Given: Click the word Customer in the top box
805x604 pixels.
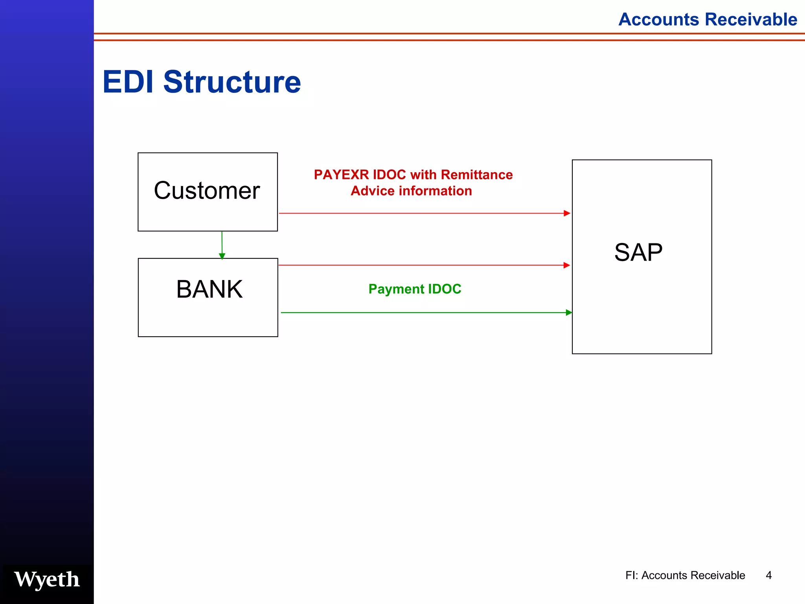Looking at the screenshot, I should click(207, 191).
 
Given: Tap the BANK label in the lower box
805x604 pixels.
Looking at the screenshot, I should click(209, 289).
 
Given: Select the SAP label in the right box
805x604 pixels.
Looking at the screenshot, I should click(638, 252).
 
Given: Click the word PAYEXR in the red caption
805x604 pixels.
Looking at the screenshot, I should click(341, 175).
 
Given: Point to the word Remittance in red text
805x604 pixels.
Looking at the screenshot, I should click(477, 175).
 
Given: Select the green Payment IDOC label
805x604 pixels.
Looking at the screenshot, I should click(415, 289).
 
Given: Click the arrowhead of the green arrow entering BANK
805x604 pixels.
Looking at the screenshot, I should click(222, 256).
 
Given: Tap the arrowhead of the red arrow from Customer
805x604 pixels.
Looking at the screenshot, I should click(567, 213).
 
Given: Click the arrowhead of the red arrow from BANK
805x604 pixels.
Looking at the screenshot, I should click(566, 265).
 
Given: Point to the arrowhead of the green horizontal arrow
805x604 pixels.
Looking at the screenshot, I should click(569, 313).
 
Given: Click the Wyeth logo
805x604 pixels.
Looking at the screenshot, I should click(47, 580).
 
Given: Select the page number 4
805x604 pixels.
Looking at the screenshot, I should click(769, 575).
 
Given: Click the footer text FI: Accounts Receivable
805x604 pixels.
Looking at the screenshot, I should click(685, 575).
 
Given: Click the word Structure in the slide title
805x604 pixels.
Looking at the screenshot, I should click(232, 82).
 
